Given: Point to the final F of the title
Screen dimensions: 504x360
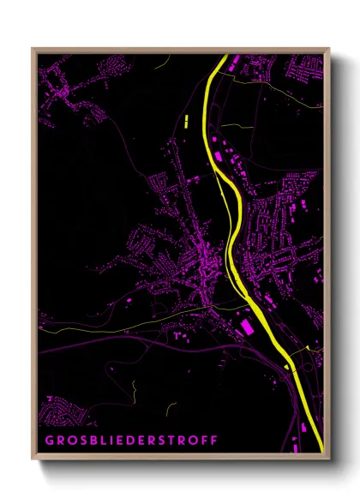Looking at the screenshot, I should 213,440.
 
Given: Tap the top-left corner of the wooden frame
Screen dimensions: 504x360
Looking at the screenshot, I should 33,49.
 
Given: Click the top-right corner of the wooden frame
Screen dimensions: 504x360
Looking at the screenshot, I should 329,49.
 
